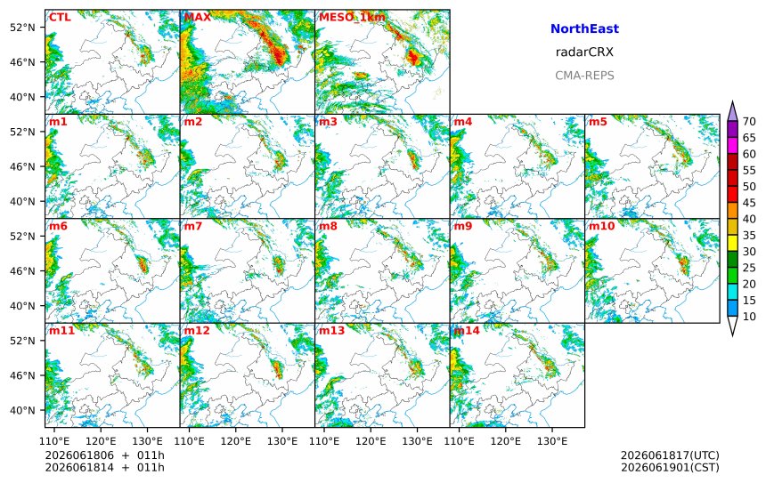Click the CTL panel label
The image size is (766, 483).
[x=60, y=17]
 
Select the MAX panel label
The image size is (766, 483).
[x=198, y=17]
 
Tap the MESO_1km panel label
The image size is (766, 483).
[x=352, y=18]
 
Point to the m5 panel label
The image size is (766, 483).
[x=598, y=122]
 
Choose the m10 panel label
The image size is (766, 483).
[x=601, y=226]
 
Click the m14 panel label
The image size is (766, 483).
[x=467, y=330]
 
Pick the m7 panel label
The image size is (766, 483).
[x=193, y=226]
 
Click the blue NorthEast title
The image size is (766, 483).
[x=584, y=28]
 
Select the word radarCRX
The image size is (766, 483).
[x=584, y=52]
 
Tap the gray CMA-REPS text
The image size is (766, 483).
[x=584, y=76]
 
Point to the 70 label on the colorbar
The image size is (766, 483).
[x=749, y=122]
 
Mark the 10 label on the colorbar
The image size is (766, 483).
[x=749, y=317]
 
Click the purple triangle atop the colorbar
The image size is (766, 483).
[x=732, y=112]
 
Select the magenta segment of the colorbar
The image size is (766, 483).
[x=732, y=145]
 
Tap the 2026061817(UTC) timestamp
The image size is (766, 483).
[x=670, y=455]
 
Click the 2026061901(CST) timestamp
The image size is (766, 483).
[x=670, y=467]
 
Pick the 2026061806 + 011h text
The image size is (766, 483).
[x=104, y=455]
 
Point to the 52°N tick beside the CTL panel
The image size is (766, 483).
[x=22, y=28]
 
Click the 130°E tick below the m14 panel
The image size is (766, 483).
[x=552, y=441]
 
